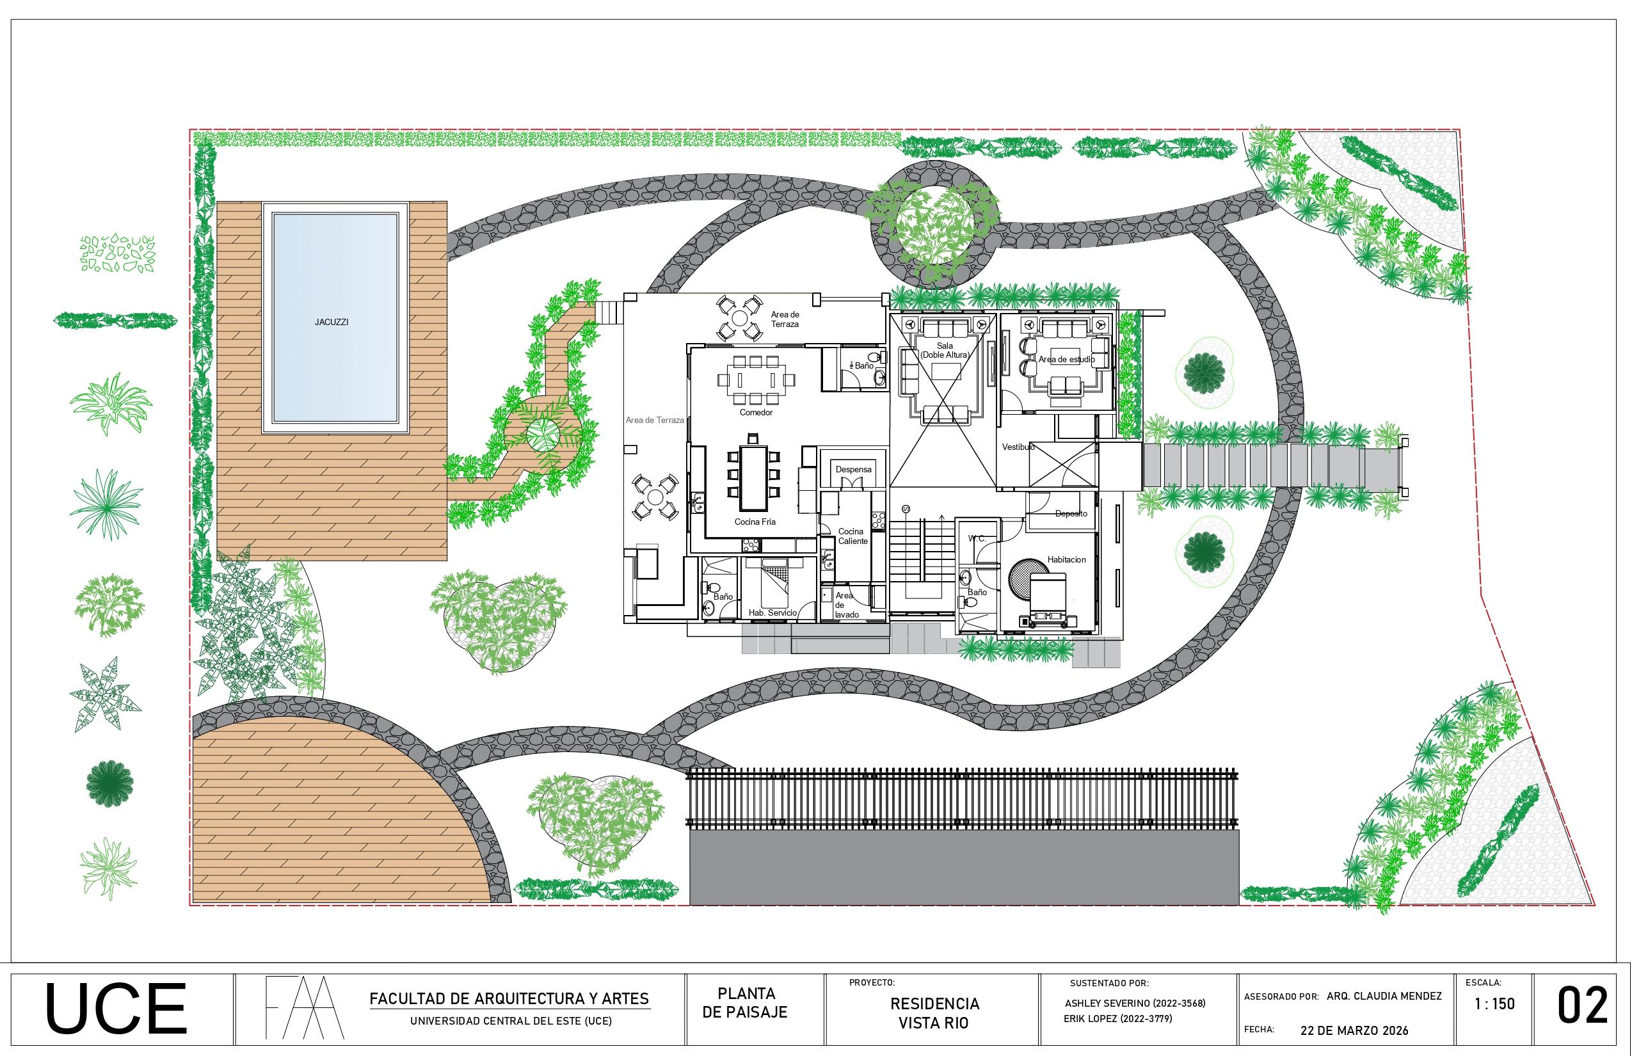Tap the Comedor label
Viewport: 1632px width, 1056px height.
pos(756,413)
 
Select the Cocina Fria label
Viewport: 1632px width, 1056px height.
pos(755,522)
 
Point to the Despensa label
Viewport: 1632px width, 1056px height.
pos(854,470)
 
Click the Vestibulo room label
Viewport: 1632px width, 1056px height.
pos(1018,447)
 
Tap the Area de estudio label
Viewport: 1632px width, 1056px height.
pos(1066,359)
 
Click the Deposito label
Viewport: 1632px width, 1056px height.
pos(1071,513)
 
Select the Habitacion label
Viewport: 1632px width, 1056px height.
pos(1066,559)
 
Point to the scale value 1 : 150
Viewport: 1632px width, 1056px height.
pos(1494,1004)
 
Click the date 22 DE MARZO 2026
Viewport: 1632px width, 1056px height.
pos(1354,1030)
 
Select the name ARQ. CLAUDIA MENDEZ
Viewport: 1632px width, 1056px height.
pos(1384,996)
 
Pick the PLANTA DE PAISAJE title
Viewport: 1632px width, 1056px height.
pos(746,1002)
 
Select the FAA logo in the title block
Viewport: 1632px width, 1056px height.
pos(305,1007)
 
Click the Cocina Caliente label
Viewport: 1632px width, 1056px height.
pos(852,536)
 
